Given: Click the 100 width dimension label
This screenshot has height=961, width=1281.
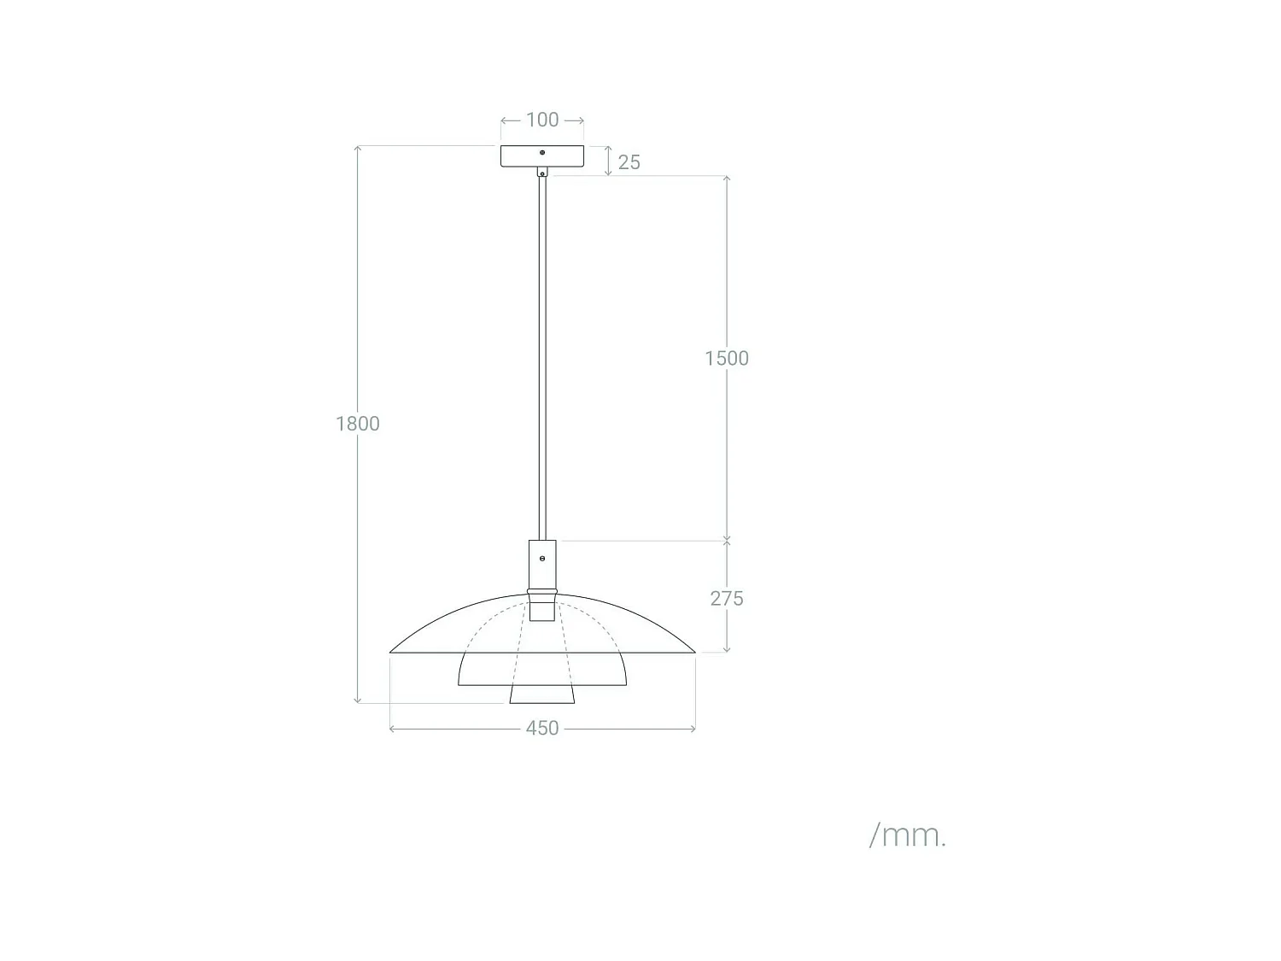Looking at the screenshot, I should [x=542, y=120].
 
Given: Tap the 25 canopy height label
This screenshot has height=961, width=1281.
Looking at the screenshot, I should [x=629, y=162].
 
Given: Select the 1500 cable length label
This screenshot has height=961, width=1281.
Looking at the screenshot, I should [x=727, y=358].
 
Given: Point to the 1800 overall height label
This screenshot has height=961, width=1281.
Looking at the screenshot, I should [x=358, y=424].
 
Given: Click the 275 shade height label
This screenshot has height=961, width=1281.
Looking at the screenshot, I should [x=727, y=599].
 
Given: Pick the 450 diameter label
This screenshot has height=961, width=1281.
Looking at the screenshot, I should [x=542, y=729].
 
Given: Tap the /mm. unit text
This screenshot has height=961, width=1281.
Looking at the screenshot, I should [x=908, y=835].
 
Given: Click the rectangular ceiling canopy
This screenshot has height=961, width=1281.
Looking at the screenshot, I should [x=521, y=156].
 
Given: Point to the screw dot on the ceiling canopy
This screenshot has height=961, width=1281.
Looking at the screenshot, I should [x=542, y=153].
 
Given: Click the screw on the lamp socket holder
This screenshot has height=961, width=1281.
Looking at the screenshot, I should [x=542, y=559].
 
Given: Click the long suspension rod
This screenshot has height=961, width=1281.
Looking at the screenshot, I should [x=542, y=359].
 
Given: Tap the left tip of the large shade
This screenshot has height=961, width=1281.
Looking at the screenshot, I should [x=392, y=652].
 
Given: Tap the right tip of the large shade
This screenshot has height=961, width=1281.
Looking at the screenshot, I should [x=693, y=652].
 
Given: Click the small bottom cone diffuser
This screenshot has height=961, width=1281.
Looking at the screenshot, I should [x=542, y=694].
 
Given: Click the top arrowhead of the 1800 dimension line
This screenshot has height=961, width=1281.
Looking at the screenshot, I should [x=358, y=149].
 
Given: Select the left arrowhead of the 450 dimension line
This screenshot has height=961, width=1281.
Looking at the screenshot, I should [x=392, y=729].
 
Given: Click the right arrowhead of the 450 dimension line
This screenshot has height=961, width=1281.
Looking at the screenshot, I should [x=693, y=729].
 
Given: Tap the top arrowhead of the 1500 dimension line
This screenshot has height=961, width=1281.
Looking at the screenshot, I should [x=727, y=179].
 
